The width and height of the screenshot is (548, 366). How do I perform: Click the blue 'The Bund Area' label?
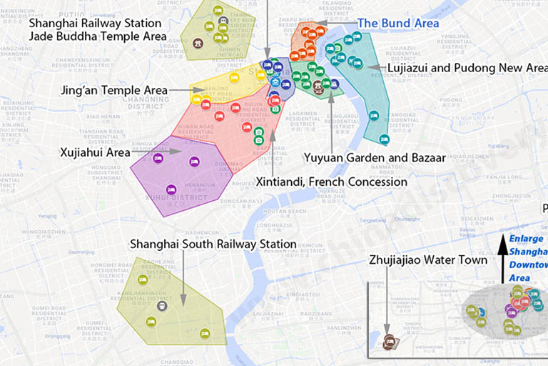pos(397,23)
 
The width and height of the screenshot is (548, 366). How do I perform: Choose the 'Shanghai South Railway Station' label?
pos(213,244)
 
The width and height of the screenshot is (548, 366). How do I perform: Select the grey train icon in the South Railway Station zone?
pos(162,305)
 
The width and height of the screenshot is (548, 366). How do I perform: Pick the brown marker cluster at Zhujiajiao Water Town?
pos(390,342)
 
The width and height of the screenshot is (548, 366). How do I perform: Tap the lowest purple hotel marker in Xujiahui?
pos(171,189)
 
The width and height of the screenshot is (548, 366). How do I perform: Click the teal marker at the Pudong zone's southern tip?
pos(384,139)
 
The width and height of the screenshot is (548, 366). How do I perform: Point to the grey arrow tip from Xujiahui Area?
pos(183,152)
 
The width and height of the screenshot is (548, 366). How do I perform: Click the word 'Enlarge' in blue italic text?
pos(527,239)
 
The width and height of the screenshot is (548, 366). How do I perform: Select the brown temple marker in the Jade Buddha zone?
pos(198,43)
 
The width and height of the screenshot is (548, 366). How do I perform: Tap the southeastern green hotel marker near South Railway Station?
pos(205,332)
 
